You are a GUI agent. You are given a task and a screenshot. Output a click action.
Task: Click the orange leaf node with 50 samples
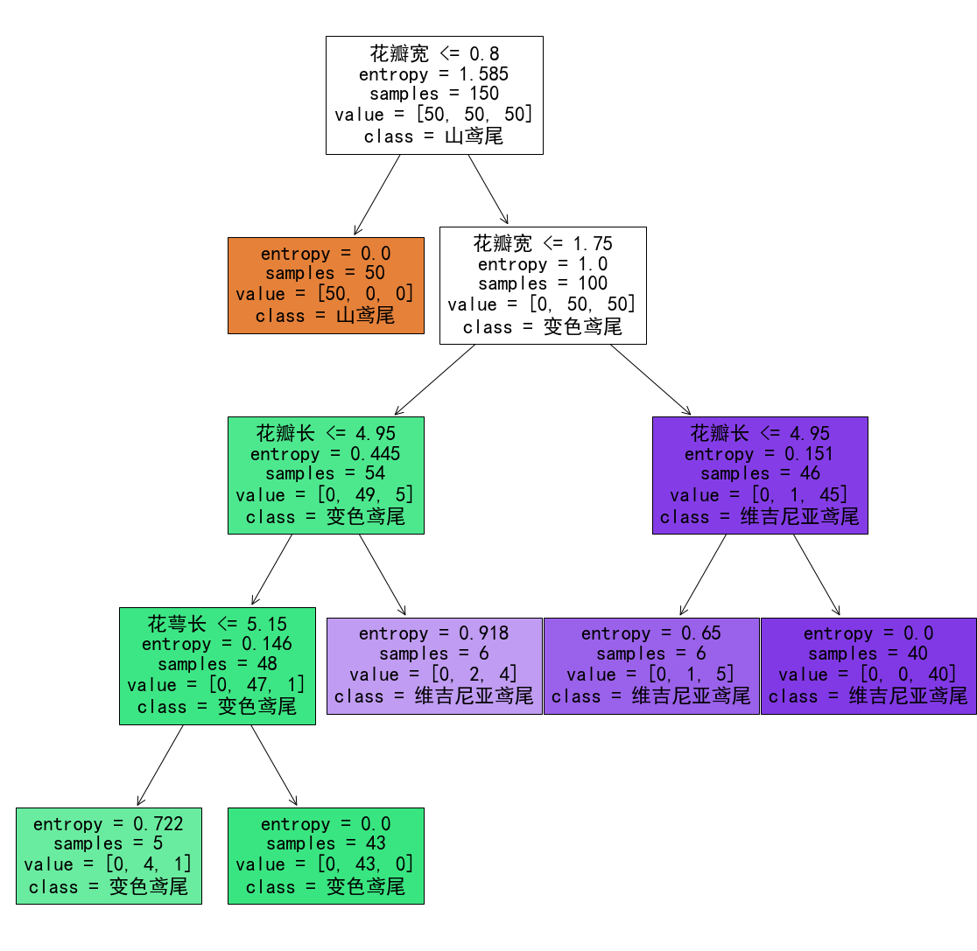pyautogui.click(x=326, y=285)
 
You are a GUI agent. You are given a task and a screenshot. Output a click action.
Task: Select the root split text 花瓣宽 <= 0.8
pyautogui.click(x=434, y=53)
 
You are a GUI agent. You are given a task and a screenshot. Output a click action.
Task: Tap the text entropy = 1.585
pyautogui.click(x=434, y=74)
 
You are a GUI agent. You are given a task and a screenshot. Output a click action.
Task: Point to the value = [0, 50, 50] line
pyautogui.click(x=542, y=304)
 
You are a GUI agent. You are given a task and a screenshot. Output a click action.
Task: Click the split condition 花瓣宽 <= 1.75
pyautogui.click(x=543, y=242)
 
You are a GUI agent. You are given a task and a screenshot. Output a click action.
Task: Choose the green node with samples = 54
pyautogui.click(x=326, y=475)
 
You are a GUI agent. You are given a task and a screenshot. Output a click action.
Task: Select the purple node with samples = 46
pyautogui.click(x=760, y=475)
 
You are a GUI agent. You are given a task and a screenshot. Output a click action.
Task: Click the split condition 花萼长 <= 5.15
pyautogui.click(x=217, y=624)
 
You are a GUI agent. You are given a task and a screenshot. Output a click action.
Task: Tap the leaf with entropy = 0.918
pyautogui.click(x=434, y=666)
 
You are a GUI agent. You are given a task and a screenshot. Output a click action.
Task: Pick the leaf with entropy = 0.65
pyautogui.click(x=651, y=666)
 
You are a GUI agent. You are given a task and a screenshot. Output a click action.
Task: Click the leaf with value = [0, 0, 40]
pyautogui.click(x=868, y=666)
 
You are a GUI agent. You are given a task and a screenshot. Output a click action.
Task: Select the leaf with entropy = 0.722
pyautogui.click(x=109, y=856)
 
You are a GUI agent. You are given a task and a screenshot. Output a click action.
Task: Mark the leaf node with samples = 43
pyautogui.click(x=326, y=856)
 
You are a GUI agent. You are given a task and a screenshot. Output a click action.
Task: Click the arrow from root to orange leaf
pyautogui.click(x=377, y=194)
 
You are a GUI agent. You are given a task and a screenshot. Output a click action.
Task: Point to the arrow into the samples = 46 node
pyautogui.click(x=650, y=380)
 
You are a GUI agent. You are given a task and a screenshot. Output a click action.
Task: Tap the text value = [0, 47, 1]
pyautogui.click(x=217, y=685)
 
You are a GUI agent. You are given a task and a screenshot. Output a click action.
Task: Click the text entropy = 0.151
pyautogui.click(x=760, y=454)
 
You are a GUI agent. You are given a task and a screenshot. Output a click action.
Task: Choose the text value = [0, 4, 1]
pyautogui.click(x=109, y=865)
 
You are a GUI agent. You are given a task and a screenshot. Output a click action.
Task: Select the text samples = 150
pyautogui.click(x=434, y=94)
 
